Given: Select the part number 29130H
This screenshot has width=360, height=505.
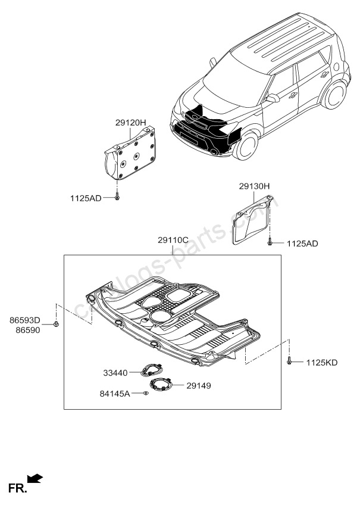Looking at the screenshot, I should pyautogui.click(x=255, y=186).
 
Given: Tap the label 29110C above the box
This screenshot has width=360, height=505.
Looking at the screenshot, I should pyautogui.click(x=173, y=240).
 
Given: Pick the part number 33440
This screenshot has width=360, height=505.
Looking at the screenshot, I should pyautogui.click(x=116, y=373).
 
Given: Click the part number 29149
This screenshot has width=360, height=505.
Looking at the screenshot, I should pyautogui.click(x=198, y=385).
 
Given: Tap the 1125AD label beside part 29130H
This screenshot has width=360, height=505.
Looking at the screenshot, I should pyautogui.click(x=303, y=244).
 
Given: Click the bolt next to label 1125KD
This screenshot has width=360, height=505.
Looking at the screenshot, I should pyautogui.click(x=289, y=361).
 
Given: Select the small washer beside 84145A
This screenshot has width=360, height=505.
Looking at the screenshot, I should pyautogui.click(x=146, y=394).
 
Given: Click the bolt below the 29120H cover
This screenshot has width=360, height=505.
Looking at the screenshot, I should pyautogui.click(x=117, y=197).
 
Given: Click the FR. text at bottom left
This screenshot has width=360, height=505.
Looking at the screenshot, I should pyautogui.click(x=16, y=488).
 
